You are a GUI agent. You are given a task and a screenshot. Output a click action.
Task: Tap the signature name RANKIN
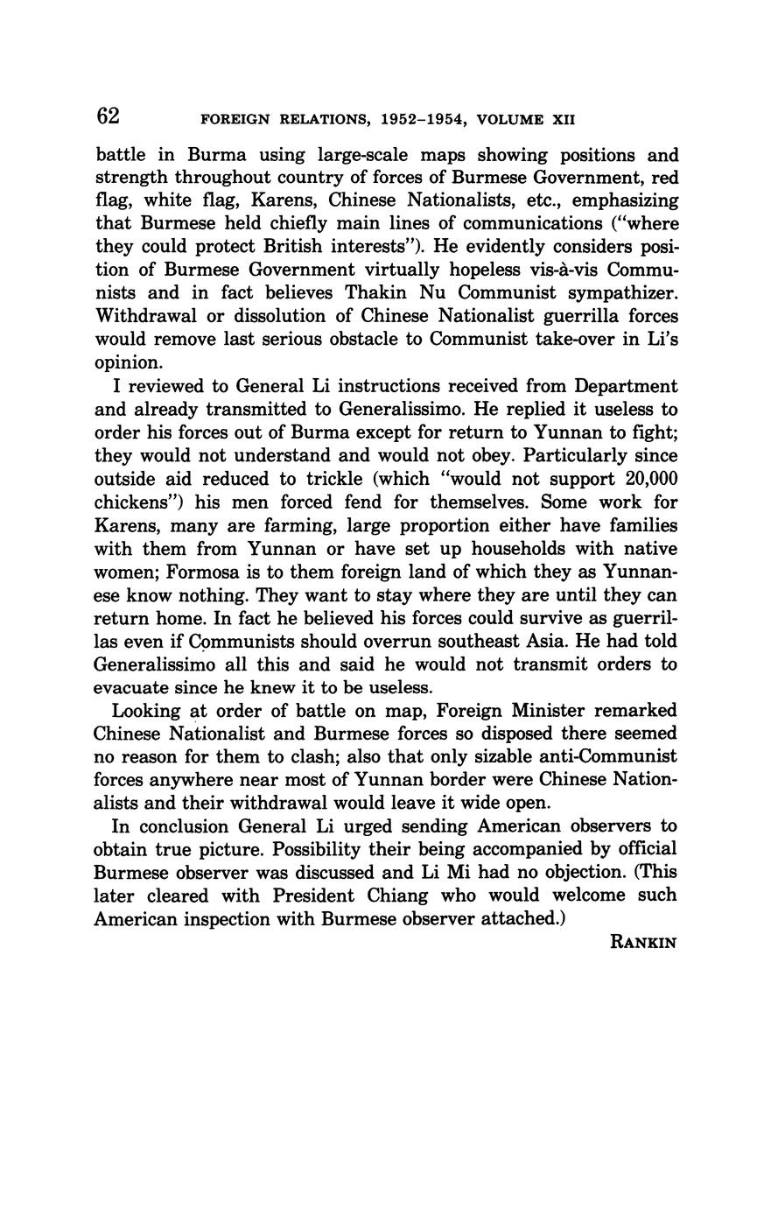coord(643,943)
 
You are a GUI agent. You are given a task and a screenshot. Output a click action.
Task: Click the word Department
coord(621,386)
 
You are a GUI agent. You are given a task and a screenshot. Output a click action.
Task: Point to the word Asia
coord(548,641)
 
